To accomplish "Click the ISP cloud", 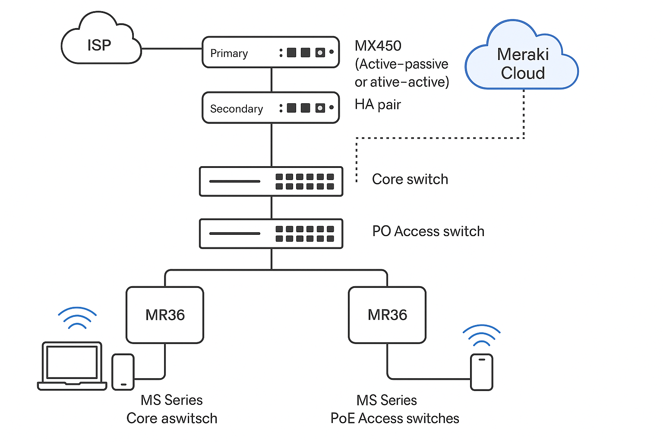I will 101,43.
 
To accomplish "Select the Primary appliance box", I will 271,52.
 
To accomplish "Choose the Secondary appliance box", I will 271,108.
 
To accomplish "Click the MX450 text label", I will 378,46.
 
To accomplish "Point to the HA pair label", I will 378,104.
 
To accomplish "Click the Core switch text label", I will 410,179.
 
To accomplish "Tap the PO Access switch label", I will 428,231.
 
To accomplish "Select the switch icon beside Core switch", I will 271,181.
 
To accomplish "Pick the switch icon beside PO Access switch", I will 271,234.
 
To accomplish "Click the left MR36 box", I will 164,315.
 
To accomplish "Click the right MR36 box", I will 387,315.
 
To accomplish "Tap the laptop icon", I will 72,366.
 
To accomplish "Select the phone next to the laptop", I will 123,372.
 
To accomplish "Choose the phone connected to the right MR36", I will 481,372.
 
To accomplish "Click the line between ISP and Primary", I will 172,49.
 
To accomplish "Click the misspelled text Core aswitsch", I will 172,418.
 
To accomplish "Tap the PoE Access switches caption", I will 395,418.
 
